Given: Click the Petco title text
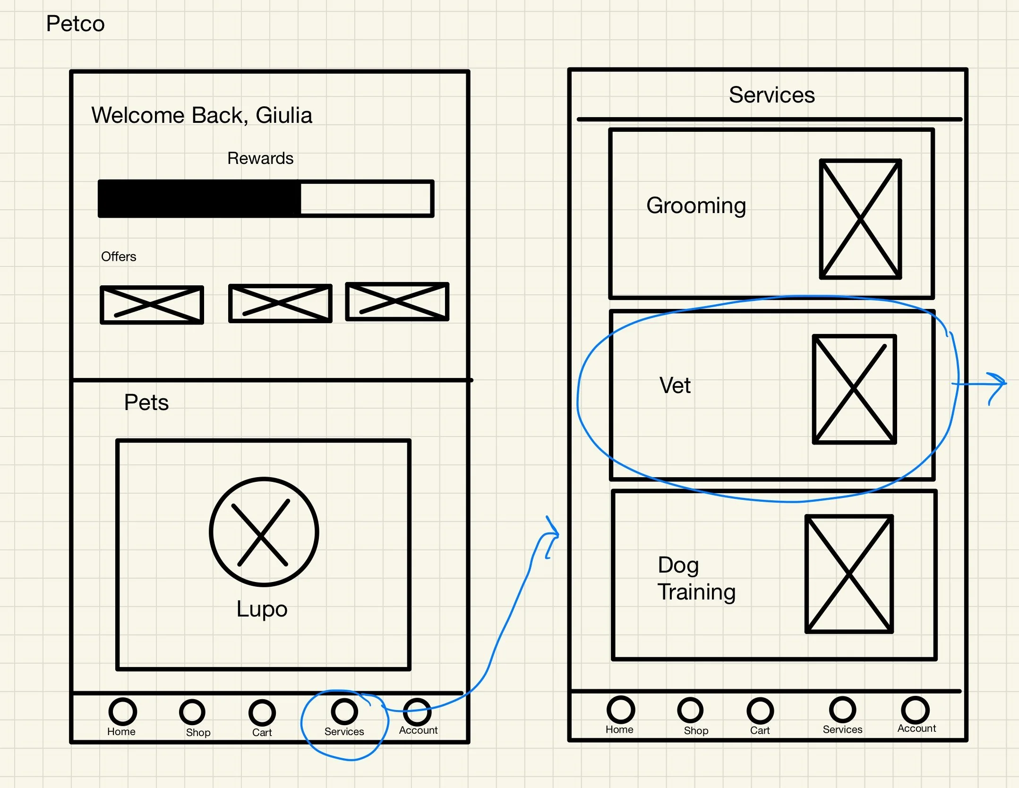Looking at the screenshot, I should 75,24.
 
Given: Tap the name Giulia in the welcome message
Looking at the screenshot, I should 284,115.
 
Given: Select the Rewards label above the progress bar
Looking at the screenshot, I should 260,158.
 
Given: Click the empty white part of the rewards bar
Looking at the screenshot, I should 366,198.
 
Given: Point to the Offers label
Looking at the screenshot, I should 119,257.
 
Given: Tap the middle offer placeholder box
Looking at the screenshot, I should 280,303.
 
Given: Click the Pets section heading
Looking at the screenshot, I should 146,403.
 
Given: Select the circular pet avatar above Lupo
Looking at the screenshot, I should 264,532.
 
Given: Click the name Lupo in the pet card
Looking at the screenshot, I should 262,608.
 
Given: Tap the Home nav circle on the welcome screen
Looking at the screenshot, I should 122,711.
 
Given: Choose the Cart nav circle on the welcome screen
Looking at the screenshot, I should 262,712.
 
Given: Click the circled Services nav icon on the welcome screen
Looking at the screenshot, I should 344,711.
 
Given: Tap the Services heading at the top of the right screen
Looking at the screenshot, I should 771,95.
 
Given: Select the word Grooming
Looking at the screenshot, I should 696,206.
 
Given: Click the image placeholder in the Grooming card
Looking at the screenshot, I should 860,219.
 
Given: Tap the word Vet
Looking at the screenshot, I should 675,385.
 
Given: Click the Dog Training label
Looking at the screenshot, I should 696,578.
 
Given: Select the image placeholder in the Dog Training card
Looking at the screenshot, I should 849,574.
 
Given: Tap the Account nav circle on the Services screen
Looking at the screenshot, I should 915,710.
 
